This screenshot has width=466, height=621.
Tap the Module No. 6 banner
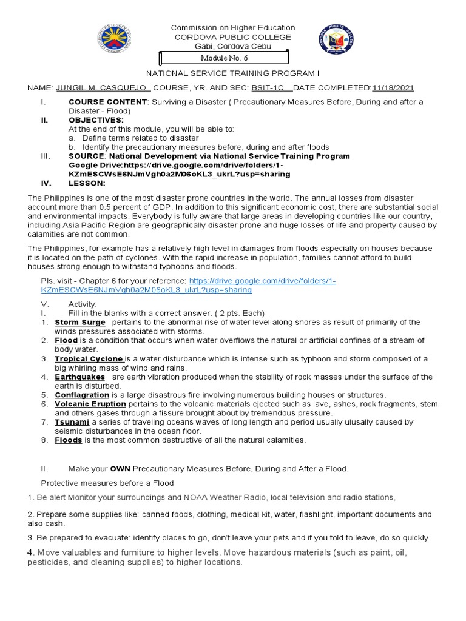point(224,58)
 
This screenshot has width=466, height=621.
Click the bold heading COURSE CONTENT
point(107,102)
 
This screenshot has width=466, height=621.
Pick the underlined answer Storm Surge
point(79,322)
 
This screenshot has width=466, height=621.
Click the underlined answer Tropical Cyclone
point(89,358)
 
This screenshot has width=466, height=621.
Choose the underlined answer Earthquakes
point(80,377)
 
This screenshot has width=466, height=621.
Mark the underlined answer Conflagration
point(82,395)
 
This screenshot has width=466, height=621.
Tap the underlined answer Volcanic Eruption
point(90,404)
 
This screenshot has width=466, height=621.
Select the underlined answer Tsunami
point(72,422)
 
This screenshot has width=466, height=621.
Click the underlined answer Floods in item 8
point(68,440)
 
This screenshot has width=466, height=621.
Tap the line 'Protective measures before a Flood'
point(107,483)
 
